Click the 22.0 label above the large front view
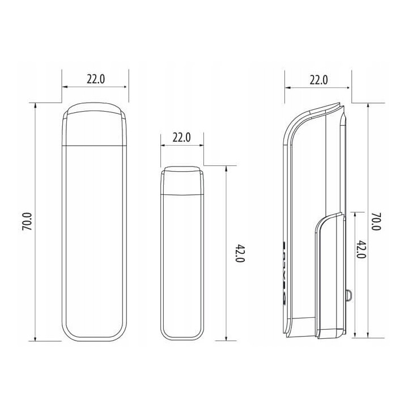tap(96, 79)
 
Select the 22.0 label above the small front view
tap(182, 137)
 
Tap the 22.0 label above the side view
tap(318, 80)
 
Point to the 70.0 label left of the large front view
tap(27, 222)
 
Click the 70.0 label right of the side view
tap(376, 222)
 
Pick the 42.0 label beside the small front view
tap(240, 253)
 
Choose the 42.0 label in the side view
tap(362, 249)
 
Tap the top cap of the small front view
tap(182, 181)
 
